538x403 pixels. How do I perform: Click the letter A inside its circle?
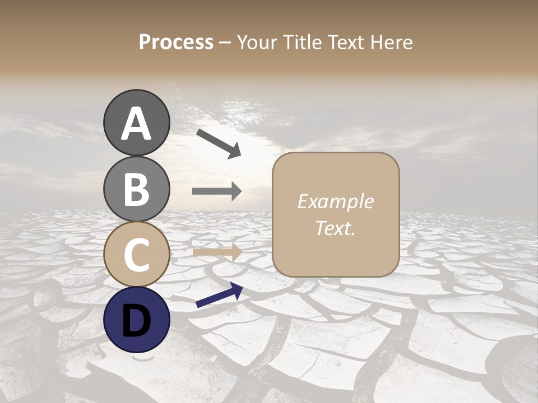click(x=137, y=124)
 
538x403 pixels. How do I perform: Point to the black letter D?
click(x=137, y=321)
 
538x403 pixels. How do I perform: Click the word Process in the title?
click(x=176, y=43)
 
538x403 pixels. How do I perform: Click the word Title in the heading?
click(x=303, y=43)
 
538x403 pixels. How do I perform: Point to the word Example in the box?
click(x=335, y=201)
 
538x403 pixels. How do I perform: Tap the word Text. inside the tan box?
click(x=335, y=228)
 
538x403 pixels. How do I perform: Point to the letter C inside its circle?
click(x=137, y=254)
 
